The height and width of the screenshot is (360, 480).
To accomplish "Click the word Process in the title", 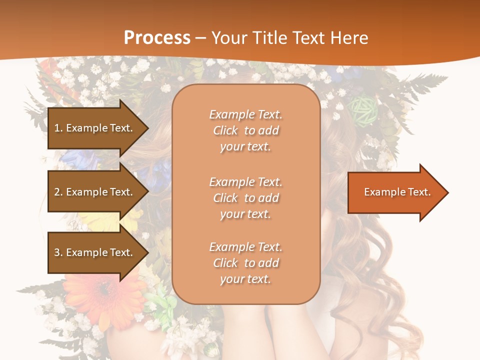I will pyautogui.click(x=157, y=38).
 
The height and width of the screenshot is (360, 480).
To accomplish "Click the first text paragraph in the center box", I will pyautogui.click(x=245, y=130).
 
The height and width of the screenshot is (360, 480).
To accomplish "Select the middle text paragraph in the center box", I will pyautogui.click(x=245, y=198).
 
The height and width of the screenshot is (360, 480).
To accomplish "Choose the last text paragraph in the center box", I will pyautogui.click(x=245, y=263).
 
